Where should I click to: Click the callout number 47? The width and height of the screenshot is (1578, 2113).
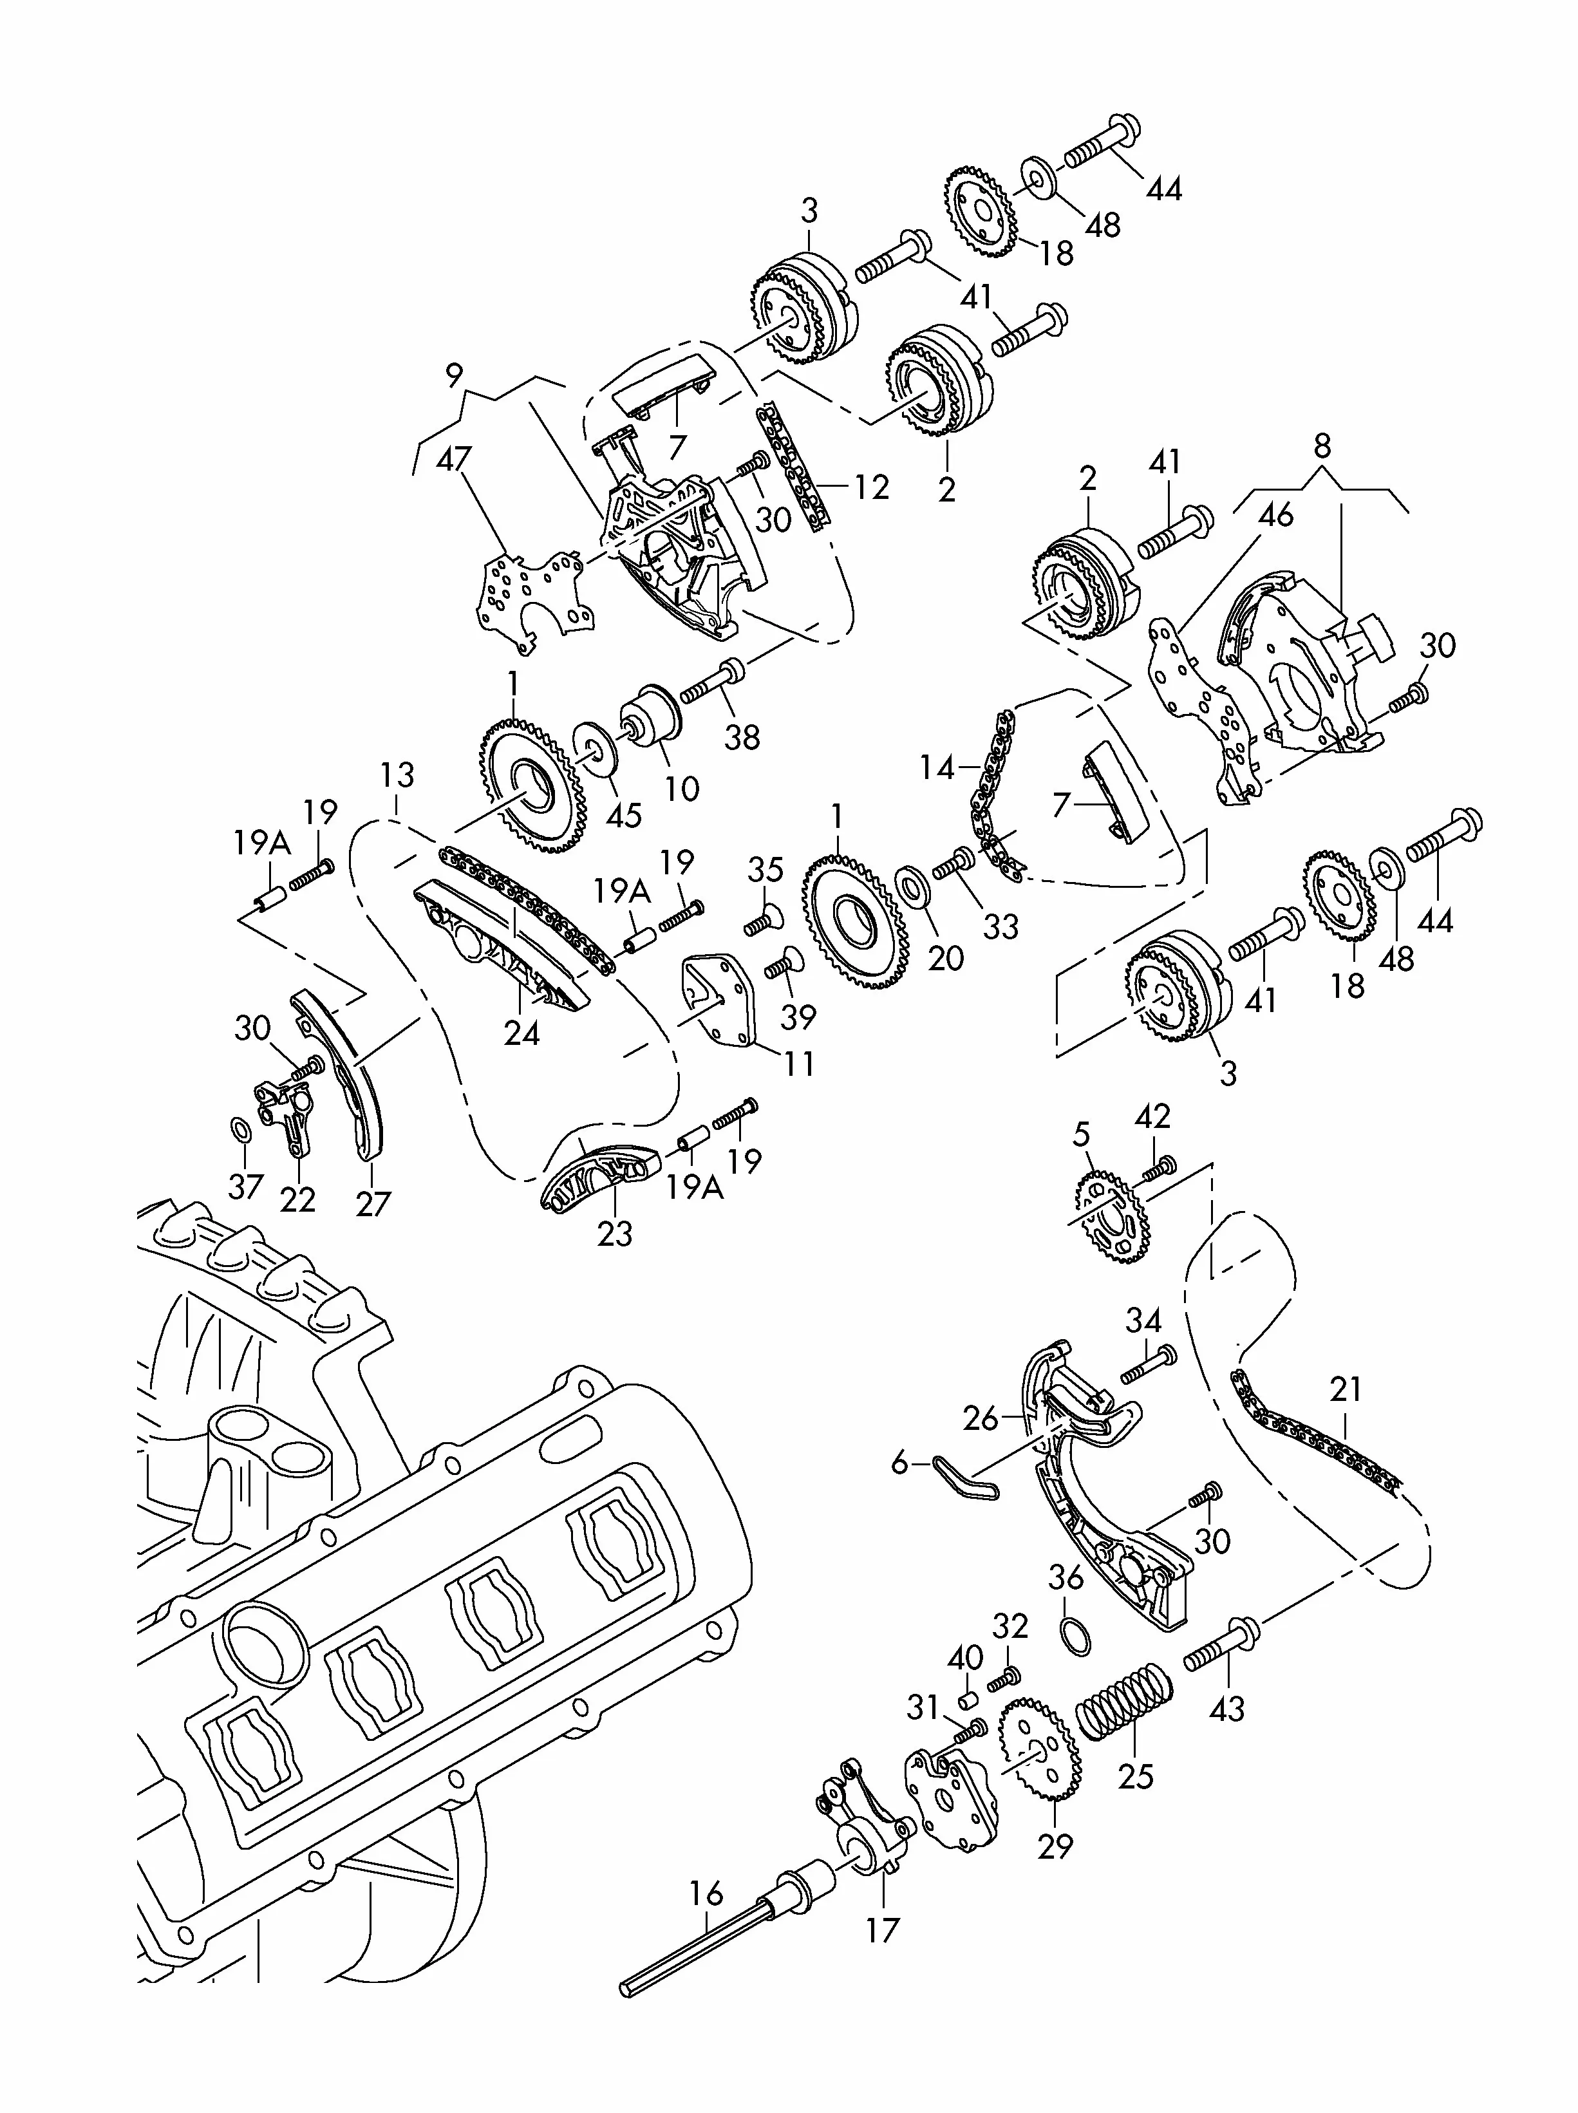click(x=454, y=460)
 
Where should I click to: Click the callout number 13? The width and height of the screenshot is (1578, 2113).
click(x=397, y=774)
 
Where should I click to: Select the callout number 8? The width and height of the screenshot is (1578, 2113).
click(x=1322, y=446)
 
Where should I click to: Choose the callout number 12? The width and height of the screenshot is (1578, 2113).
click(x=871, y=488)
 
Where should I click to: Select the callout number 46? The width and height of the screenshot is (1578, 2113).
click(x=1275, y=515)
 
